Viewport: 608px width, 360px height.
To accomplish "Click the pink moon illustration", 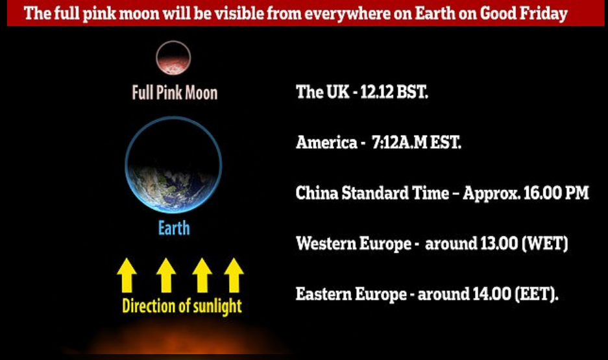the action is [173, 58].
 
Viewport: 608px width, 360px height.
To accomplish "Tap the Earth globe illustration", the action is [173, 165].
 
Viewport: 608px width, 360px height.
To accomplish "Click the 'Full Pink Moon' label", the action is [175, 93].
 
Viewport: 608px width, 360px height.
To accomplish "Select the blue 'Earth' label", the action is [174, 228].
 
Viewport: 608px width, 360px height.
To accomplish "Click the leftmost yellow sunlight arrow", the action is [127, 275].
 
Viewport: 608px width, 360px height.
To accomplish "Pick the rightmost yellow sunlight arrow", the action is [234, 275].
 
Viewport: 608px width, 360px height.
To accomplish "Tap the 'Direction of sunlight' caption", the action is [182, 306].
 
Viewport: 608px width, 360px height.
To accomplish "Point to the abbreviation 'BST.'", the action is [412, 92].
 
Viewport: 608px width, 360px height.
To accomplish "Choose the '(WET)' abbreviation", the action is [545, 243].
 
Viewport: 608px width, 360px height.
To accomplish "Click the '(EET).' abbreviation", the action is [537, 294].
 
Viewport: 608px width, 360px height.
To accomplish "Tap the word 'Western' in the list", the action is [326, 243].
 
